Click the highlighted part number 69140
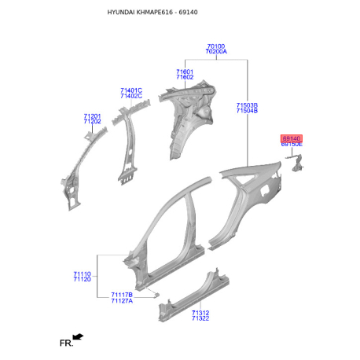(292, 138)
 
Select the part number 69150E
(292, 145)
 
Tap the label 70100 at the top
(216, 46)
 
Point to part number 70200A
(216, 52)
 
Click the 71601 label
(185, 72)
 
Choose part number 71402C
(131, 96)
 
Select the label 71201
(92, 116)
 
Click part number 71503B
(247, 105)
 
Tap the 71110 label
(82, 274)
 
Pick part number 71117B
(122, 295)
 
